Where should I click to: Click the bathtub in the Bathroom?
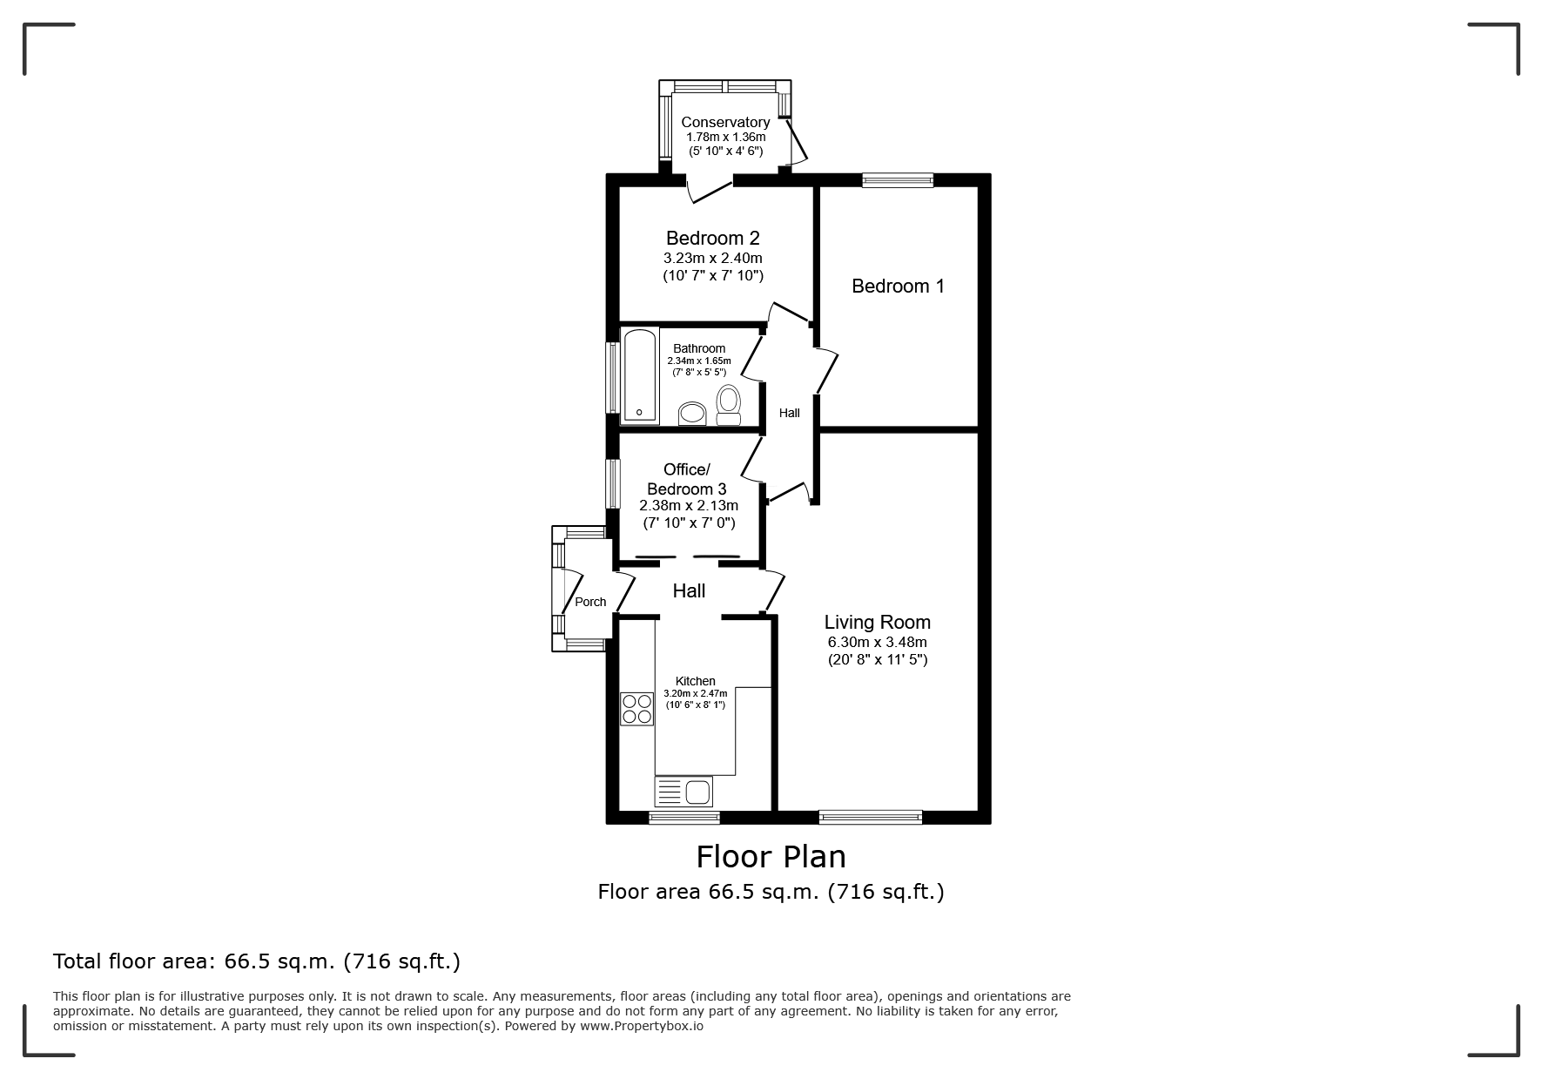coord(640,376)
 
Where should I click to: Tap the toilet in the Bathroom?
coord(728,406)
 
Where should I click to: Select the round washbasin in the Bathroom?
coord(693,413)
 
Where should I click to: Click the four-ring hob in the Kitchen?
coord(636,709)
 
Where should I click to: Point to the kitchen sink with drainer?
coord(683,792)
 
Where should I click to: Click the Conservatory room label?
coord(725,123)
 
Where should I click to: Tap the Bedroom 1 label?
coord(898,286)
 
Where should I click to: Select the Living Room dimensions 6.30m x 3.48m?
coord(878,643)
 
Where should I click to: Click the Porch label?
coord(590,602)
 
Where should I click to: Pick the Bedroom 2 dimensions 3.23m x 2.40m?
coord(713,258)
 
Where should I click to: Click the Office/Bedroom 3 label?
coord(687,479)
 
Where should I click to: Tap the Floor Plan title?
coord(771,857)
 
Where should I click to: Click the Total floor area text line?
coord(257,961)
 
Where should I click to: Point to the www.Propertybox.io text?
coord(641,1026)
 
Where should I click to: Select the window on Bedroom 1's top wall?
coord(898,180)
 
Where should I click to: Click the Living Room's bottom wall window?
coord(871,817)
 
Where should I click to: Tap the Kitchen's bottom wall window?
coord(684,817)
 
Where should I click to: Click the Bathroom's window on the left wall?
coord(612,376)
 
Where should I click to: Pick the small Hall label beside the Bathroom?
coord(790,413)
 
